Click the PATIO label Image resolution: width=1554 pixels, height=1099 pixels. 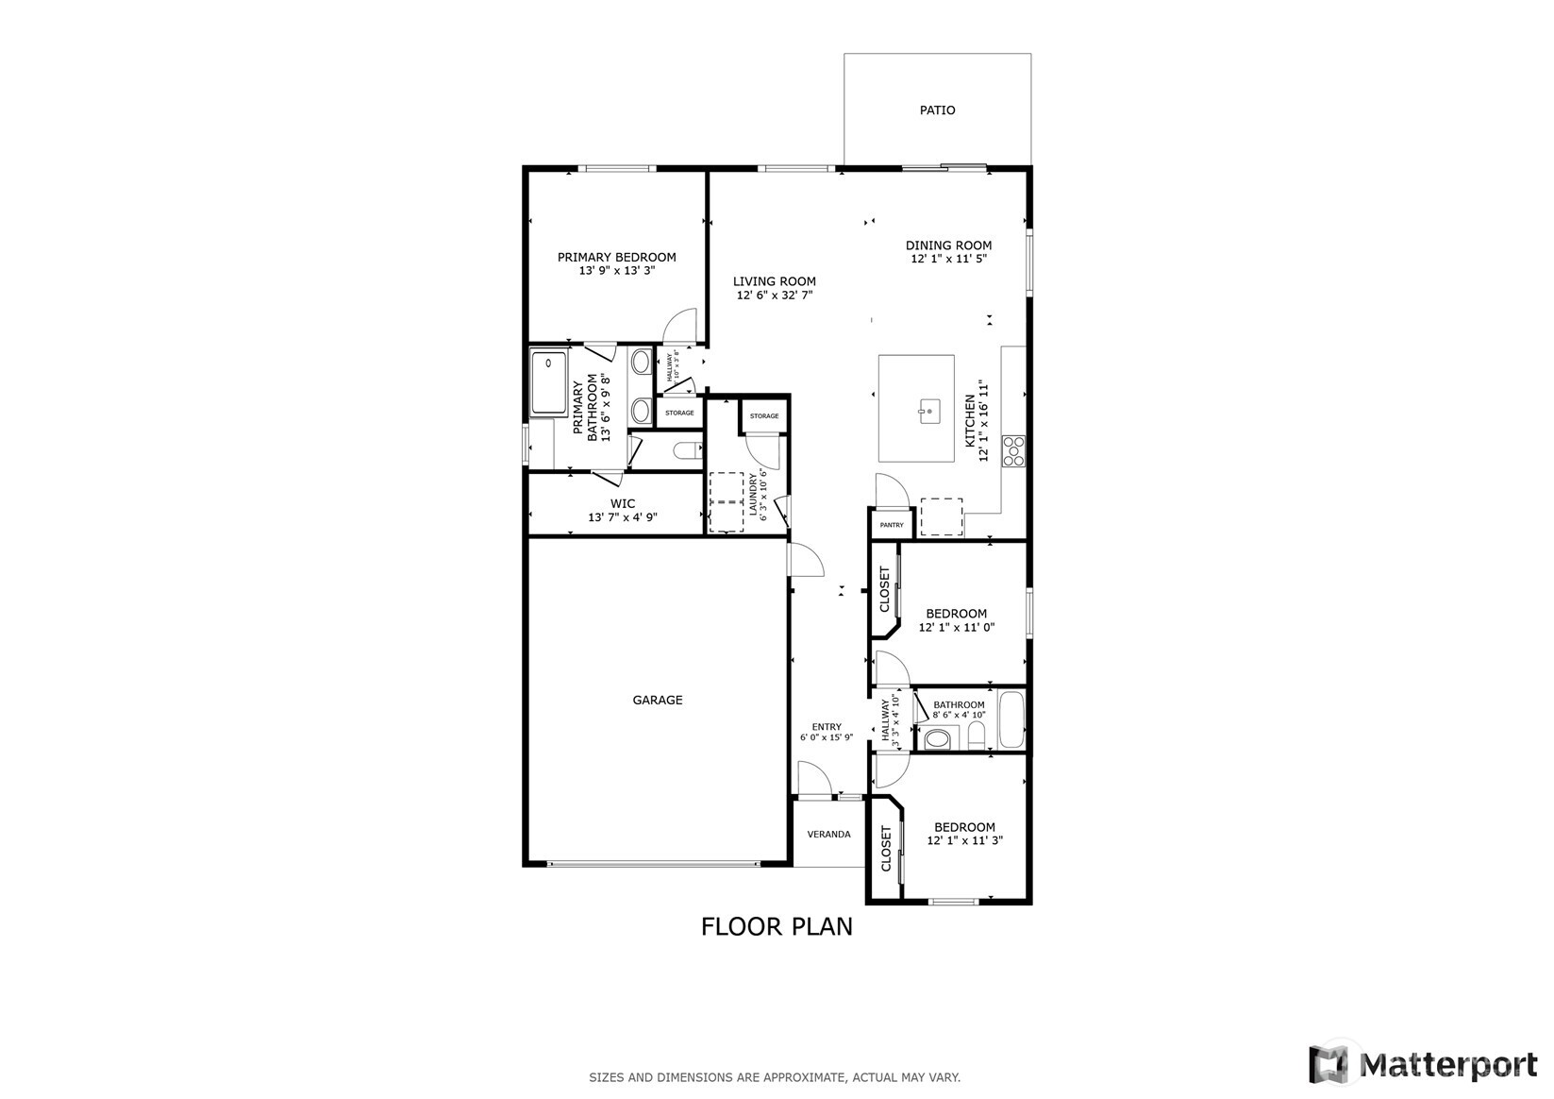point(937,110)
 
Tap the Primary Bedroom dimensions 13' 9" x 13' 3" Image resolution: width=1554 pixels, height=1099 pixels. point(616,271)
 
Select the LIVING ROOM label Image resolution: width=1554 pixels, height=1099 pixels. point(775,281)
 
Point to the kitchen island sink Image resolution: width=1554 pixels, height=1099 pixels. point(929,409)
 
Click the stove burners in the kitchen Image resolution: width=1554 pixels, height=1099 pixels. point(1014,451)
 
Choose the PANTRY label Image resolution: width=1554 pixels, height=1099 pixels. point(891,525)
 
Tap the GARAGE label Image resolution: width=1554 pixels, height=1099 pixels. point(657,701)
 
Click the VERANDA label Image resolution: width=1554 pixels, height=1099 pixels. point(828,835)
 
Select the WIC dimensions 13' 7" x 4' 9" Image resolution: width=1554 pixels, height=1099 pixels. point(622,517)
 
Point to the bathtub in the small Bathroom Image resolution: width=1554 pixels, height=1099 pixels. point(1011,719)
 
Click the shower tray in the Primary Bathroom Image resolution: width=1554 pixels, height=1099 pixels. point(548,382)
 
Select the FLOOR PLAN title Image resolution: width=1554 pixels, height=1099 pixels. point(776,927)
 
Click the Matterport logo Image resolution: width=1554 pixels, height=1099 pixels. point(1424,1065)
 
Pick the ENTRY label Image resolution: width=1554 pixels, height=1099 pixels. point(827,727)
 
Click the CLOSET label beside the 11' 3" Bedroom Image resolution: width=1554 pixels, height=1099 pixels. point(886,849)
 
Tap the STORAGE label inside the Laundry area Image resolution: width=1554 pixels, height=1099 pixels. point(764,416)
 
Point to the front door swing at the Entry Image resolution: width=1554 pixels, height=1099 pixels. point(812,780)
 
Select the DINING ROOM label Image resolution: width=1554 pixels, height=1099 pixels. point(948,245)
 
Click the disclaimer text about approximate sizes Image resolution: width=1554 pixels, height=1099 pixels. point(775,1077)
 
